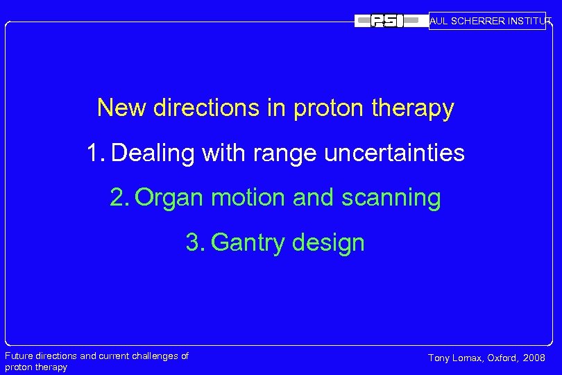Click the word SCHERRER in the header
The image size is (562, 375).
479,21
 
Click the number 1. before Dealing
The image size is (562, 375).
96,153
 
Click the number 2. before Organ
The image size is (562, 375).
119,198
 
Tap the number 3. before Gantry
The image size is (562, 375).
195,243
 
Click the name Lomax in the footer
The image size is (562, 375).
470,358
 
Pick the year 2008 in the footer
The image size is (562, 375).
535,358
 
